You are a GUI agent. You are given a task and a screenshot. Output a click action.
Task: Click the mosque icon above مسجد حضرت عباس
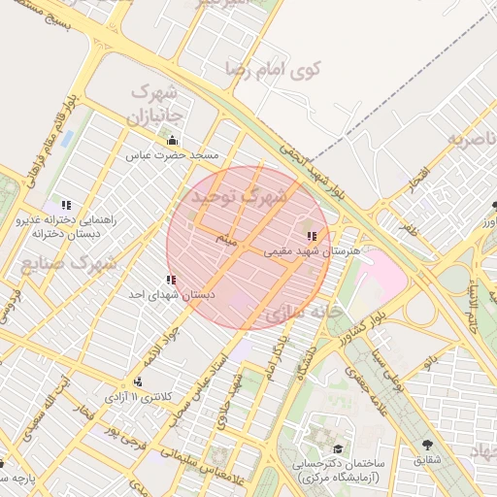tap(172, 142)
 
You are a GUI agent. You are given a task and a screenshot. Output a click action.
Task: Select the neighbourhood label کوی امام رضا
tap(274, 68)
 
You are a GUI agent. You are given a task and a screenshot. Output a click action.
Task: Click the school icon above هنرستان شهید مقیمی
tap(311, 236)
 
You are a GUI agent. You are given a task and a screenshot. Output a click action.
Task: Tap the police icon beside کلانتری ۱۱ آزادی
tap(138, 381)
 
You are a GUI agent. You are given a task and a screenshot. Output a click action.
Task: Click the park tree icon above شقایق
tap(426, 446)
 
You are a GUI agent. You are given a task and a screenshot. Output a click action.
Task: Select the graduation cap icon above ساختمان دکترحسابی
tap(338, 448)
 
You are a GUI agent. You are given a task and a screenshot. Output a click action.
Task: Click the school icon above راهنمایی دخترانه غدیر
tap(66, 205)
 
